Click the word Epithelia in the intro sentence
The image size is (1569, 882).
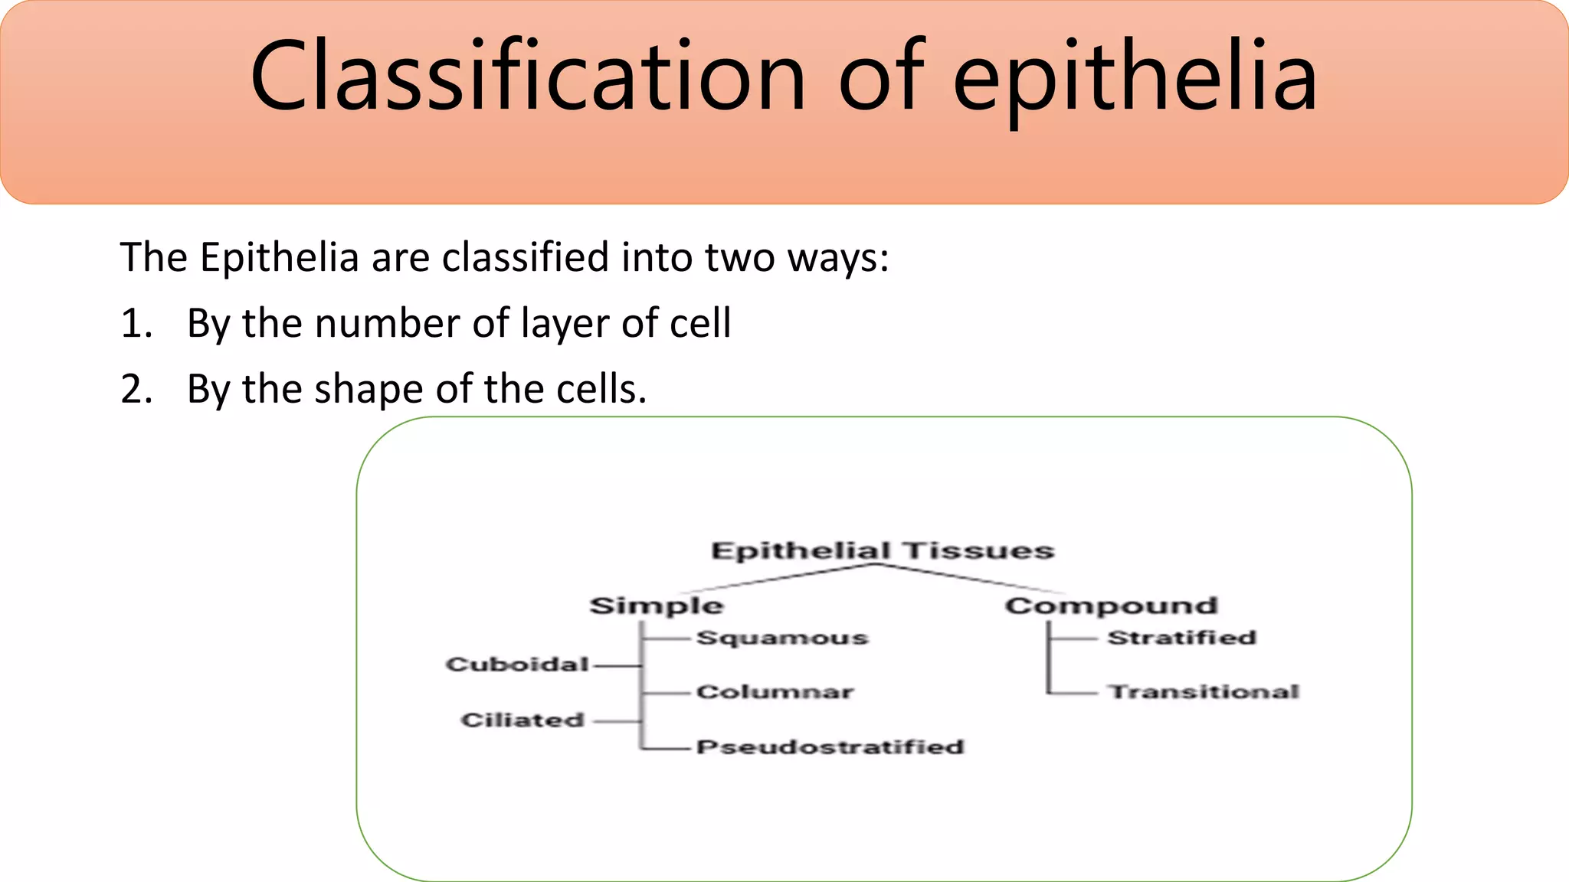click(x=279, y=257)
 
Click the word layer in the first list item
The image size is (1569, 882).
click(x=565, y=324)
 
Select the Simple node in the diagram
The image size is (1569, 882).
click(x=656, y=606)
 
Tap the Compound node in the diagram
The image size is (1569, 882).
click(x=1111, y=606)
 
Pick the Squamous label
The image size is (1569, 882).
click(x=782, y=638)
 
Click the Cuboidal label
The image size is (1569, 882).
click(x=517, y=665)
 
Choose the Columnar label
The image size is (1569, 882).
click(x=775, y=692)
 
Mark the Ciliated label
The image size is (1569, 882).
click(x=522, y=720)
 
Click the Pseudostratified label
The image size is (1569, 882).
click(x=830, y=747)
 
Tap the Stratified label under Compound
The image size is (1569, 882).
click(x=1181, y=638)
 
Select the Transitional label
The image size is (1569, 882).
click(x=1204, y=692)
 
